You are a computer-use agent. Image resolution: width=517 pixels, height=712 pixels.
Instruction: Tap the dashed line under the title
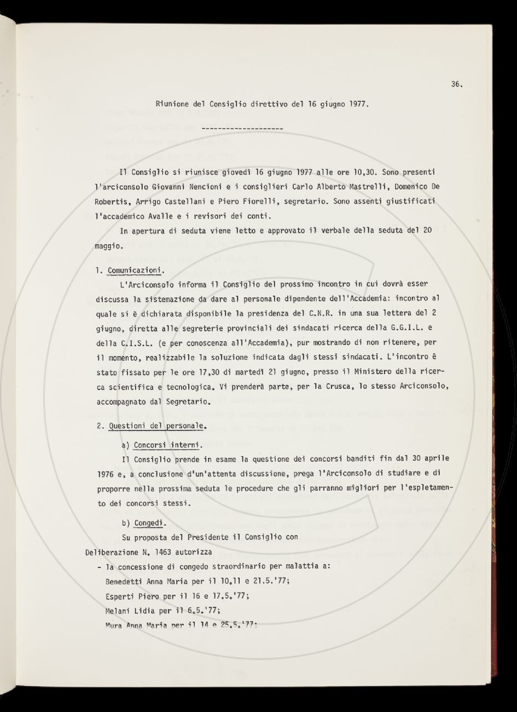pos(242,129)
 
